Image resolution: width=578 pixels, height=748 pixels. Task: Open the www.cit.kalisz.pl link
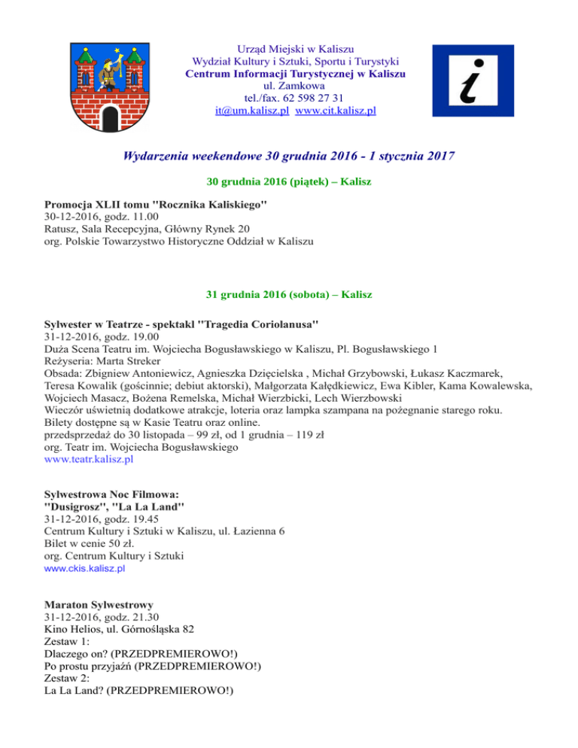336,111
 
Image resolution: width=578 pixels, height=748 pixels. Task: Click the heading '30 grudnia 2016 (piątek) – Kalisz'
289,183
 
